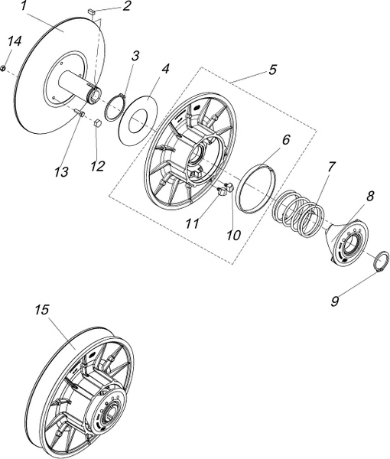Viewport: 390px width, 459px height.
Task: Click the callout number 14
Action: (x=15, y=41)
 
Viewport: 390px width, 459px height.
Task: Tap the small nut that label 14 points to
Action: (x=2, y=68)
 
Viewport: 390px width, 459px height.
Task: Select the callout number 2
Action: (x=126, y=6)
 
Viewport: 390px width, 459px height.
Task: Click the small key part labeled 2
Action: (x=90, y=11)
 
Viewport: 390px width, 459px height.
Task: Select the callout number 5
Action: (x=272, y=70)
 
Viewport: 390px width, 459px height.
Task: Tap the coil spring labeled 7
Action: (x=297, y=212)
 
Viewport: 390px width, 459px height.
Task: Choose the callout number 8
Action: (x=370, y=196)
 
